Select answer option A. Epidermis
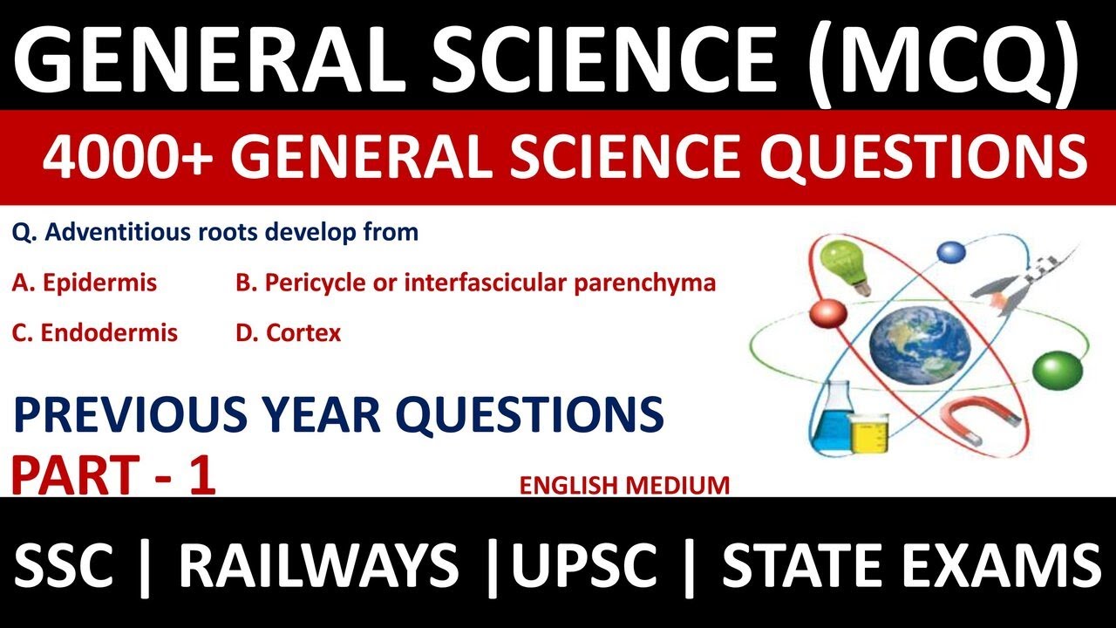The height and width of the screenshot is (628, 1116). (x=85, y=283)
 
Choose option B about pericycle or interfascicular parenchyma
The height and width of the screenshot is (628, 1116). (x=476, y=283)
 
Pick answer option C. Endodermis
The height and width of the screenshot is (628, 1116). (x=95, y=332)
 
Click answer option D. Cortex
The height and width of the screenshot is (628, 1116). (x=289, y=332)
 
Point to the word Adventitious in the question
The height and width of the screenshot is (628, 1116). (x=121, y=233)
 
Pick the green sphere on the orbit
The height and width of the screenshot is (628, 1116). (x=1057, y=368)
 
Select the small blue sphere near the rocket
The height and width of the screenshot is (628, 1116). (x=952, y=252)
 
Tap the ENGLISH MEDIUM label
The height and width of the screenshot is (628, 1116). (x=624, y=485)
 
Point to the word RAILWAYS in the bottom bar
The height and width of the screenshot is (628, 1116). (x=318, y=564)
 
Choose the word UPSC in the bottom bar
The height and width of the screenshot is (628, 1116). (x=584, y=564)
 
